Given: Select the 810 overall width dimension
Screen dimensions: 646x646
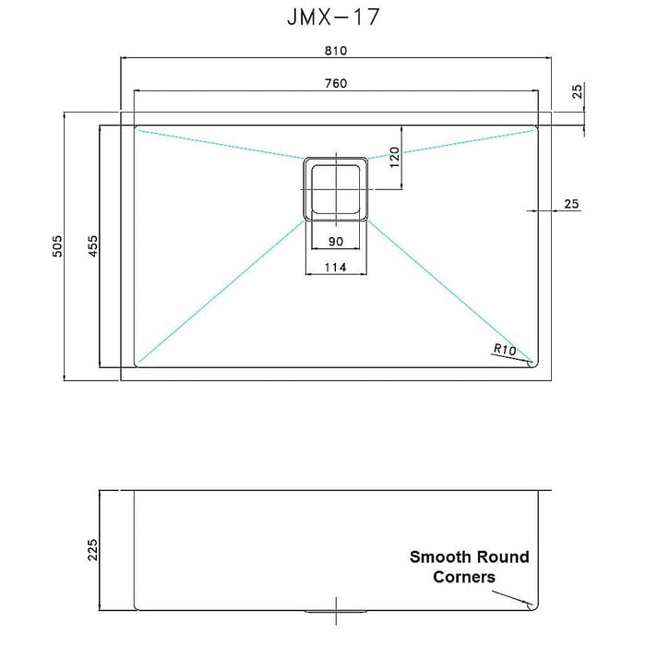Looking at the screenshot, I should pyautogui.click(x=335, y=50).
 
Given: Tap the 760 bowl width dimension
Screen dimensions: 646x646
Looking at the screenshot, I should pyautogui.click(x=335, y=83).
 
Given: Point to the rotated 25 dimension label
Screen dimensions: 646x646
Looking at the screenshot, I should pyautogui.click(x=577, y=91).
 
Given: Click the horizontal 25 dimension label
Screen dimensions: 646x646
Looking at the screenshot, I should pyautogui.click(x=570, y=204).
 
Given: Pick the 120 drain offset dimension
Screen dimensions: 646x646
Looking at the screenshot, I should pyautogui.click(x=393, y=158).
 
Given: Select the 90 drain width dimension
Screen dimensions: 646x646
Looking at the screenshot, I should pyautogui.click(x=335, y=241).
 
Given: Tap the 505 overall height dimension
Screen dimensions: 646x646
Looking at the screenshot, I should pyautogui.click(x=56, y=246).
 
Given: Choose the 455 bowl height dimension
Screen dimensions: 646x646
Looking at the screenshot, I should pyautogui.click(x=91, y=246).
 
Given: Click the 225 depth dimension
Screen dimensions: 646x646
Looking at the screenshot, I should pyautogui.click(x=91, y=549).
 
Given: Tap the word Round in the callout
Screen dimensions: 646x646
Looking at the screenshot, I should pyautogui.click(x=504, y=556).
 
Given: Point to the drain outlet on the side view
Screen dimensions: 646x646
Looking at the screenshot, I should pyautogui.click(x=336, y=610).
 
